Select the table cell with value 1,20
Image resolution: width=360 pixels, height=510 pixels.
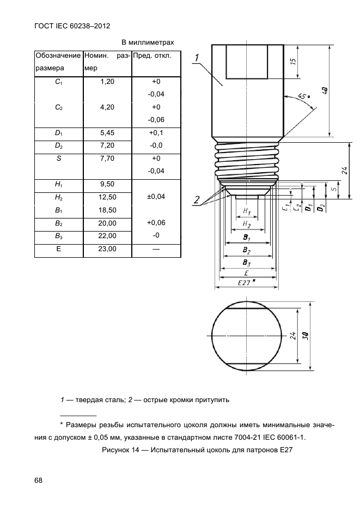pos(107,81)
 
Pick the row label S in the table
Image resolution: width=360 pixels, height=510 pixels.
pos(58,159)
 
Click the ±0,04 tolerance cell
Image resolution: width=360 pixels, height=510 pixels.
pos(156,196)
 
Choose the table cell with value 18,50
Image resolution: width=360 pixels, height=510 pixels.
pos(107,210)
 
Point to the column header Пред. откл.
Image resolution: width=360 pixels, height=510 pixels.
pos(152,56)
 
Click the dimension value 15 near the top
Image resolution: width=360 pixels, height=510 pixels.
pos(292,61)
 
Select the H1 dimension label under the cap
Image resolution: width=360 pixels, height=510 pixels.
pos(247,211)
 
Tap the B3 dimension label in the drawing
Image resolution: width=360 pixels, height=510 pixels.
pos(247,263)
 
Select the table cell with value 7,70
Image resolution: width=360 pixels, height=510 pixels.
pos(107,159)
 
